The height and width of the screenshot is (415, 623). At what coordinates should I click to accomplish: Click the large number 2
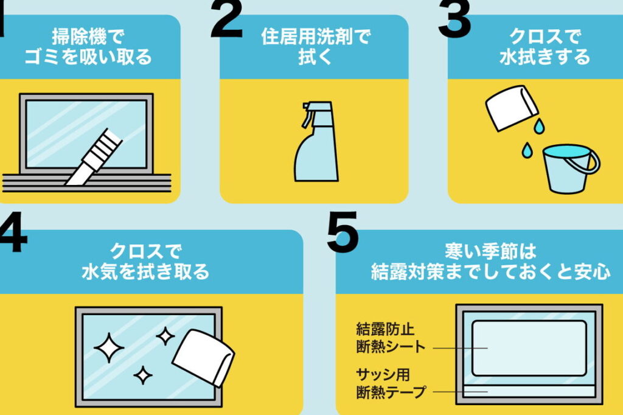point(226,19)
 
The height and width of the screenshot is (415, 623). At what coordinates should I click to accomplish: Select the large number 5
point(343,232)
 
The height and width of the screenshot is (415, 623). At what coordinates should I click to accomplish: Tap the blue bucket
point(568,169)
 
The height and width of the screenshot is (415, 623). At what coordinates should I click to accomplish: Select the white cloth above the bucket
point(512,108)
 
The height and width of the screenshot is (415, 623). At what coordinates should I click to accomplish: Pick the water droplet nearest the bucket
point(527,150)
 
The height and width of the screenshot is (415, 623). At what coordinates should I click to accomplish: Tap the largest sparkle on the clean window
point(109,348)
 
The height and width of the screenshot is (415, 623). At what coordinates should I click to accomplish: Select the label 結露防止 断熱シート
point(391,338)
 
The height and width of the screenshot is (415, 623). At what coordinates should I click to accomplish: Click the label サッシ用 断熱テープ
point(391,383)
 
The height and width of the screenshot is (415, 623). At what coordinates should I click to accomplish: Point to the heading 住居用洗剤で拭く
point(316,46)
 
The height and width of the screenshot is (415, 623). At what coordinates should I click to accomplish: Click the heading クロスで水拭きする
point(545,46)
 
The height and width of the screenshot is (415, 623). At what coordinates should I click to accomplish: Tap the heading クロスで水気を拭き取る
point(145,262)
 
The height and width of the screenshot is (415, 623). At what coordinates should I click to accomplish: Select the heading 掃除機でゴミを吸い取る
point(88,46)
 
